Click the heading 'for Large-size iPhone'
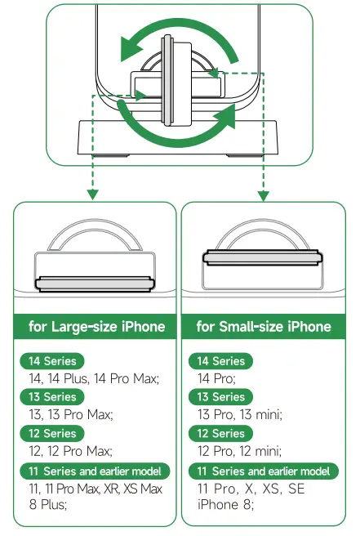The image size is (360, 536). tap(96, 327)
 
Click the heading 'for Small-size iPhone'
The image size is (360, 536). tap(264, 327)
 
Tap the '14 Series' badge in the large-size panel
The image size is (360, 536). tap(52, 361)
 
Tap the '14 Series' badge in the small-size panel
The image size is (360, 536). tap(220, 361)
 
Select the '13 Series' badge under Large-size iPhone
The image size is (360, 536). tap(52, 397)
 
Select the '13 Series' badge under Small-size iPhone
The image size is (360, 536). tap(220, 397)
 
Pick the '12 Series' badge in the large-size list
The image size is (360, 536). tap(52, 433)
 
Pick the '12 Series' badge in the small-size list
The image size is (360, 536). tap(220, 433)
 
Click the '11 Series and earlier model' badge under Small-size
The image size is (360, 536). tap(263, 471)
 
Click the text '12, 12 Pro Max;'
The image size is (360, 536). tap(69, 451)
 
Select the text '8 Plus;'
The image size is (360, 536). tap(50, 505)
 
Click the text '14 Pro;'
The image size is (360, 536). tap(216, 378)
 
